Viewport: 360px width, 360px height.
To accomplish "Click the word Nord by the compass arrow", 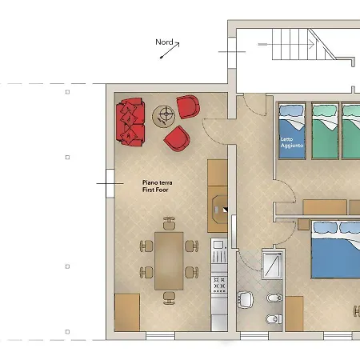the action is [164, 42].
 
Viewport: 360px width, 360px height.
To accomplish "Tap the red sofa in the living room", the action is [130, 122].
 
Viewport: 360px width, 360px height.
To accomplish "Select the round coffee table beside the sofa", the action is [164, 117].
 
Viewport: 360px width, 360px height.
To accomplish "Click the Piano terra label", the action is [158, 182].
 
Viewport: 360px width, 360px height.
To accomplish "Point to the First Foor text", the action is [155, 190].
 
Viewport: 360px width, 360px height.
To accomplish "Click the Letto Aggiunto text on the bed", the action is [292, 142].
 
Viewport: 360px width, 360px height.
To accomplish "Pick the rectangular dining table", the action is [169, 261].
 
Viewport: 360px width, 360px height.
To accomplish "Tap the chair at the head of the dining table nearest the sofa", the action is [169, 223].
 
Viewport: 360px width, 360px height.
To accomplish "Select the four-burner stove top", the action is [219, 285].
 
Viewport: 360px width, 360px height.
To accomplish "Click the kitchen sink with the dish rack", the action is [219, 251].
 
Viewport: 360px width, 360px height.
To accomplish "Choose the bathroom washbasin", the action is [246, 299].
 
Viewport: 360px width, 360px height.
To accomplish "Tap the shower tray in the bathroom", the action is [272, 265].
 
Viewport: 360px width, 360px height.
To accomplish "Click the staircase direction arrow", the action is [286, 44].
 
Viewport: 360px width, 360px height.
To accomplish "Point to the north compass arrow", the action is [170, 50].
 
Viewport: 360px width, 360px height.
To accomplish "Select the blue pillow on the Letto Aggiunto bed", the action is [291, 110].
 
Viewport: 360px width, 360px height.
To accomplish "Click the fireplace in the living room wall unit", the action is [220, 210].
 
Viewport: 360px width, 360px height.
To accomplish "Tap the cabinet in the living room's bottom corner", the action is [127, 313].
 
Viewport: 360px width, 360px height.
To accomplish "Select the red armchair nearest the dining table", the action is [177, 138].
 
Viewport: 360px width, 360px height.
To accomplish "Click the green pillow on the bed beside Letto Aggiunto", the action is [325, 110].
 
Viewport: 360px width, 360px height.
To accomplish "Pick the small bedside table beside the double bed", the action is [303, 224].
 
